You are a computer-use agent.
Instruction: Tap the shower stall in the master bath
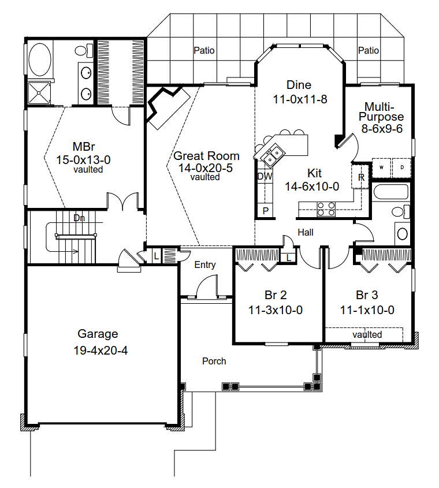pos(39,92)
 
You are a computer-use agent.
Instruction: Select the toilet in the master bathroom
pos(84,50)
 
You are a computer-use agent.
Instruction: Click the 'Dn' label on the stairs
pos(79,218)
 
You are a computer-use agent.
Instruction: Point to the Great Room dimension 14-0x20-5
pos(205,167)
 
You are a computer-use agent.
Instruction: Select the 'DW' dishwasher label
pos(265,176)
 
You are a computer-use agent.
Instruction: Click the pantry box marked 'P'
pos(265,211)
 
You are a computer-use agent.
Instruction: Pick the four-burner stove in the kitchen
pos(326,209)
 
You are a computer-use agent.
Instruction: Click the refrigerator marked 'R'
pos(360,177)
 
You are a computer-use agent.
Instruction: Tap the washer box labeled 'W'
pos(382,167)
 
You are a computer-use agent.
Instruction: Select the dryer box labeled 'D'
pos(401,167)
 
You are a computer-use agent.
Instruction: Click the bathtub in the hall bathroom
pos(391,192)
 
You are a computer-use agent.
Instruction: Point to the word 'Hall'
pos(306,232)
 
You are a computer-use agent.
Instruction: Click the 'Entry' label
pos(205,265)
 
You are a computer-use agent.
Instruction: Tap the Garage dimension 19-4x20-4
pos(101,351)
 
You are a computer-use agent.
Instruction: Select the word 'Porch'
pos(214,361)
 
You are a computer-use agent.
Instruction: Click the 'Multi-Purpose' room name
pos(381,111)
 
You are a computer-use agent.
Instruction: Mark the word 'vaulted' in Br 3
pos(367,334)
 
